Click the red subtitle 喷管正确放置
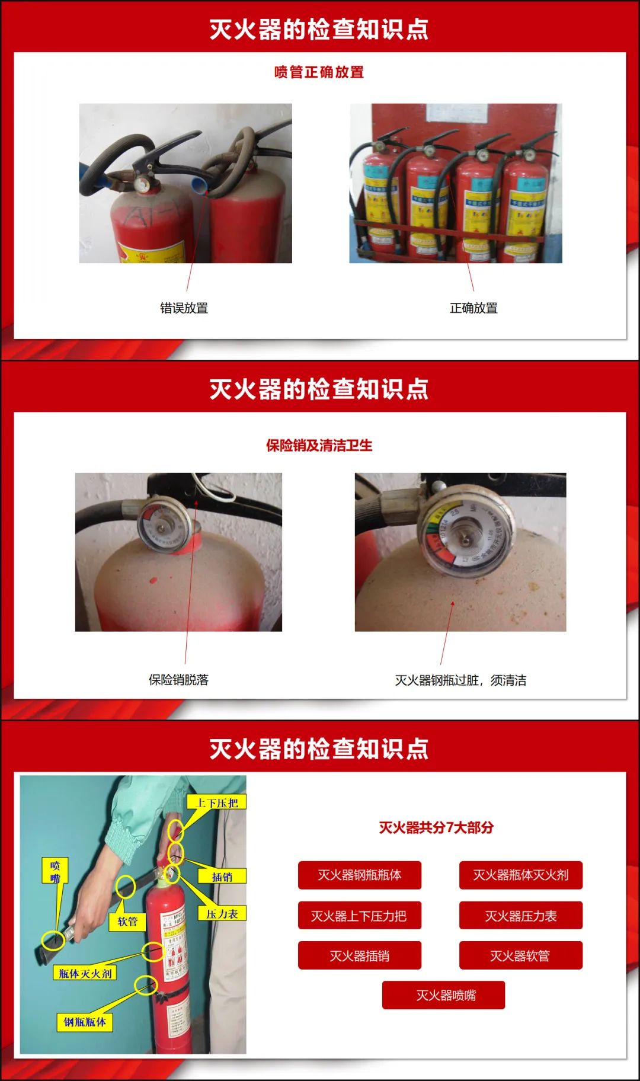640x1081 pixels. click(x=319, y=72)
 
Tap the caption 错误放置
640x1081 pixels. click(x=184, y=308)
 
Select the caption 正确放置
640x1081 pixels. click(x=473, y=308)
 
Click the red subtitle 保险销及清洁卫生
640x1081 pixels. click(x=319, y=446)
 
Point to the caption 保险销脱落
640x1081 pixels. click(x=178, y=680)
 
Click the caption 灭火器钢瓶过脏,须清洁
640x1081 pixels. click(x=460, y=680)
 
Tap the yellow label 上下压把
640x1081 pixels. click(x=217, y=803)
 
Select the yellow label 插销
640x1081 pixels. click(x=222, y=877)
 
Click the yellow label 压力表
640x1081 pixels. click(x=222, y=914)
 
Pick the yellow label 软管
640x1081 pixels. click(x=127, y=921)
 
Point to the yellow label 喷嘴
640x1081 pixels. click(x=55, y=871)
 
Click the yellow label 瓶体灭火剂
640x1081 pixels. click(x=85, y=973)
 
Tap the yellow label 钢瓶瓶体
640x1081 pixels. click(x=85, y=1022)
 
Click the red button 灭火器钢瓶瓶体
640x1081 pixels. click(x=359, y=875)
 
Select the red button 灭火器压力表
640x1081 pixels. click(x=520, y=916)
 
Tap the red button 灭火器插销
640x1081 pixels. click(x=359, y=955)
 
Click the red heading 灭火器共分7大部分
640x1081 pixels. click(x=436, y=827)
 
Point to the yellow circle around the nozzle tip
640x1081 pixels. click(x=53, y=941)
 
